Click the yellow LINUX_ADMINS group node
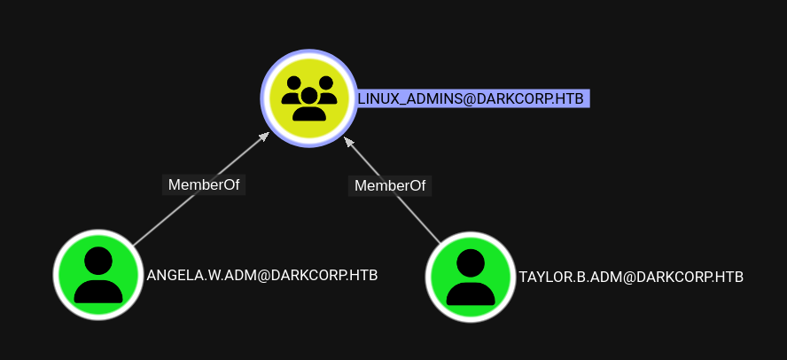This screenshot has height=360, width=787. (x=308, y=98)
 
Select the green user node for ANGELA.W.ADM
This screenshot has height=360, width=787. (x=98, y=276)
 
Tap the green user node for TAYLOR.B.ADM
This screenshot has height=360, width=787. (x=471, y=276)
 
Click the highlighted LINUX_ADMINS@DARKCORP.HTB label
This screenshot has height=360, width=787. (x=471, y=98)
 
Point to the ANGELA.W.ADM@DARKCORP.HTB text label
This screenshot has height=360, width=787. (x=262, y=275)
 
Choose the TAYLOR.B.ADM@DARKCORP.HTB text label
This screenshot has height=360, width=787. (x=631, y=277)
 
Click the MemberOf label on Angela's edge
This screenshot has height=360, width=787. (x=204, y=184)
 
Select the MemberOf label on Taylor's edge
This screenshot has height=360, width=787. (x=390, y=185)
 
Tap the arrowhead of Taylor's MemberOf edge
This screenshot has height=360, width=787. (x=348, y=140)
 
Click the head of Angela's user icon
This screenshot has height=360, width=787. (x=98, y=260)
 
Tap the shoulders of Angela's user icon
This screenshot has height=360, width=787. (x=98, y=289)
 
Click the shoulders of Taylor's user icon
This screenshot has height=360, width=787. (x=471, y=291)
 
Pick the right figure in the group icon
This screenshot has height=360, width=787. (x=327, y=89)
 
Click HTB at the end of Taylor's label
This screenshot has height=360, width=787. (x=729, y=277)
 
